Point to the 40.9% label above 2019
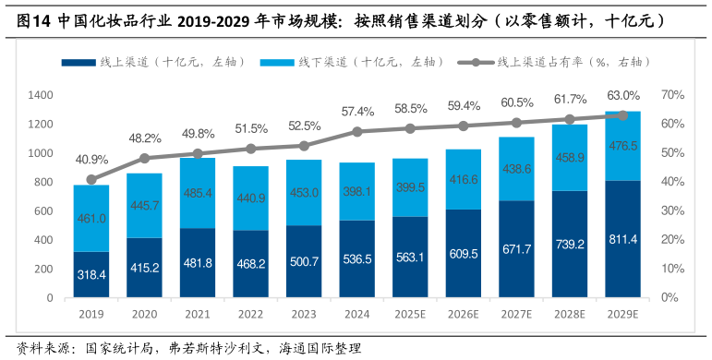pos(91,159)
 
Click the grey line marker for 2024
pos(357,132)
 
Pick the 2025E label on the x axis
pos(411,315)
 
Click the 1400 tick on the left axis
pos(40,95)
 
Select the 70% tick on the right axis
pos(671,95)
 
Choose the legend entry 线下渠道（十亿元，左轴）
pos(369,62)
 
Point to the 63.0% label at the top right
pos(622,95)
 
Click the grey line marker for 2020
pos(144,159)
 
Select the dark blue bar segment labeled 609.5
pos(464,254)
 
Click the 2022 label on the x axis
pos(251,315)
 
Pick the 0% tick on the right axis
pos(668,298)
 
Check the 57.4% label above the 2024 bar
pos(357,112)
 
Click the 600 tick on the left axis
pos(42,211)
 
